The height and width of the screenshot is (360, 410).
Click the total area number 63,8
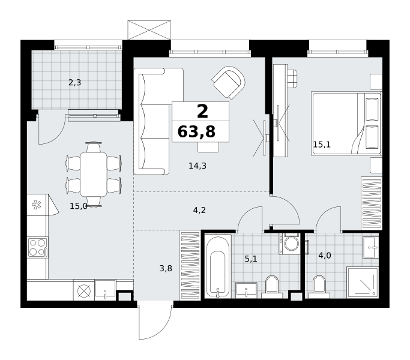click(x=196, y=131)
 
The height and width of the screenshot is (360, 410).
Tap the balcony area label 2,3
click(x=75, y=83)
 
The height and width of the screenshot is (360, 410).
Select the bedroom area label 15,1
click(x=322, y=145)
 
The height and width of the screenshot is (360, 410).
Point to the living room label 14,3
click(x=197, y=166)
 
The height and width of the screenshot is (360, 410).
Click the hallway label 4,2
click(x=199, y=210)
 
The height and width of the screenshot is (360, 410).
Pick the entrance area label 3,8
click(x=166, y=268)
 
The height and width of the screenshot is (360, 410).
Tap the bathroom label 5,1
click(x=251, y=259)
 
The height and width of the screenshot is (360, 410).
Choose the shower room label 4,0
click(x=325, y=255)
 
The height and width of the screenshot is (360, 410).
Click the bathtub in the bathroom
click(x=218, y=266)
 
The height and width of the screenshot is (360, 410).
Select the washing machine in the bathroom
click(x=289, y=244)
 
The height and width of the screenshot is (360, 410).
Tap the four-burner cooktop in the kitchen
click(x=37, y=247)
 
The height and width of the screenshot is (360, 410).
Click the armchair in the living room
click(x=229, y=82)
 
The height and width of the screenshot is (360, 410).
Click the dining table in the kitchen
click(x=94, y=174)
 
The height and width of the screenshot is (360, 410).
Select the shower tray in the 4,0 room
click(x=363, y=283)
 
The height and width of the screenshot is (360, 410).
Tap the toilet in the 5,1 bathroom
click(x=272, y=287)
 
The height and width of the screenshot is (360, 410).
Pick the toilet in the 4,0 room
click(x=319, y=287)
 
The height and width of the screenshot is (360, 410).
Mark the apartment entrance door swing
click(x=156, y=321)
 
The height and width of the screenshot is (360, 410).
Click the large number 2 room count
click(x=202, y=111)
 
